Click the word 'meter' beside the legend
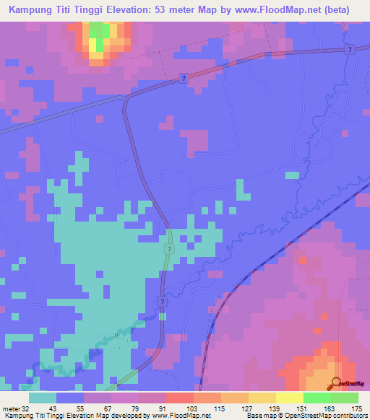(x=10, y=408)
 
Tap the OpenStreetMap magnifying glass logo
(x=336, y=382)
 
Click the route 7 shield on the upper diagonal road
(x=184, y=77)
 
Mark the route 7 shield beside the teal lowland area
(x=168, y=248)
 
